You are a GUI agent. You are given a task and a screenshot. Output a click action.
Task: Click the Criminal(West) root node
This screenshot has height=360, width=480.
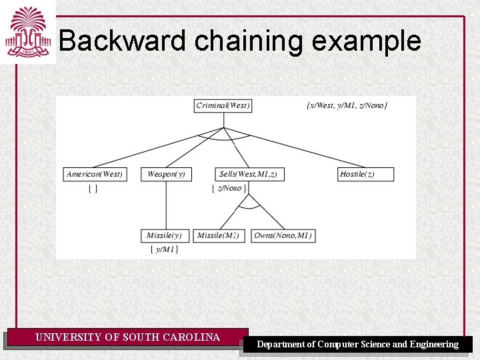point(223,105)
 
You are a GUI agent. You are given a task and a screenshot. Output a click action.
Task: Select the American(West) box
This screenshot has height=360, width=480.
point(95,174)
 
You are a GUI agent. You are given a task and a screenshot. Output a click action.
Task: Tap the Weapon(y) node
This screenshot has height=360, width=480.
point(166,174)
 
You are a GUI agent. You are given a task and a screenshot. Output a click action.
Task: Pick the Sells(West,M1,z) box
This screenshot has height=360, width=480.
point(248,174)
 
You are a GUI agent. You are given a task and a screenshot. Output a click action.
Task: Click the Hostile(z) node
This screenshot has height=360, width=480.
point(366,174)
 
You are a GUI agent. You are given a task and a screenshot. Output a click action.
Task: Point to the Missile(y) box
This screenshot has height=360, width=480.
point(164,235)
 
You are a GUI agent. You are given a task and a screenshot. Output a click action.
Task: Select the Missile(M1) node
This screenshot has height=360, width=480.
point(220,235)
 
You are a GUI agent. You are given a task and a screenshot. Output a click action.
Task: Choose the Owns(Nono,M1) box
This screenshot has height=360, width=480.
point(283,235)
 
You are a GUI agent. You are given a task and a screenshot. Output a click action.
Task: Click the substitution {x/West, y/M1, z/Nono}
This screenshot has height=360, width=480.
point(347,105)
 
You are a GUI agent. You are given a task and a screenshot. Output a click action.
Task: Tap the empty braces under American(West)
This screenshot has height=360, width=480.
point(93,189)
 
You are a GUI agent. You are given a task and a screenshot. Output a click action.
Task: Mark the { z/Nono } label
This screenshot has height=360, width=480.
point(229,189)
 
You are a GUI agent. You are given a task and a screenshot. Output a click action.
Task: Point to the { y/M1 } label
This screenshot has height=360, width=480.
point(164,249)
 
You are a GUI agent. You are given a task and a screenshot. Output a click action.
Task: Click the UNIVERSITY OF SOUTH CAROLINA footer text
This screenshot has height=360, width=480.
point(127,337)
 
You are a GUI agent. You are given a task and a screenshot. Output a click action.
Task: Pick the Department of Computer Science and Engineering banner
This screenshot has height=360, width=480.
point(358,344)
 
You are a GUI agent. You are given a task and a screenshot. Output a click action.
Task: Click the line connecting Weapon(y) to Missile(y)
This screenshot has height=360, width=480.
point(166,205)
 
